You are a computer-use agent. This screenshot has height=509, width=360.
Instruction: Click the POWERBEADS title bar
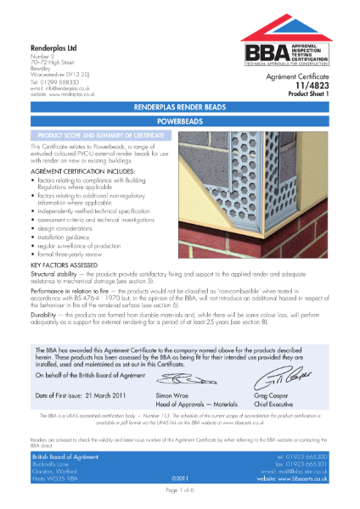[179, 122]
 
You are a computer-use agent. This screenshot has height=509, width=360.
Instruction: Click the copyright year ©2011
[180, 480]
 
